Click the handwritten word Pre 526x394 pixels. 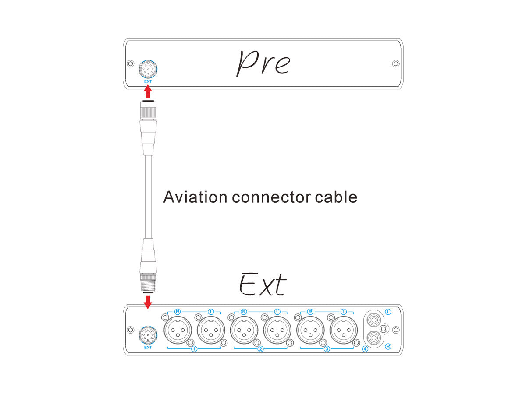tap(263, 63)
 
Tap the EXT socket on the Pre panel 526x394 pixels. tap(148, 69)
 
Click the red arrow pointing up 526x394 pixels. tap(148, 92)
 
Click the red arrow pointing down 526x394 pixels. tap(148, 301)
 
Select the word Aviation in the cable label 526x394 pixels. tap(195, 197)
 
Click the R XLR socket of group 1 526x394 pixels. tap(178, 330)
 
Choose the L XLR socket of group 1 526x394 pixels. tap(211, 330)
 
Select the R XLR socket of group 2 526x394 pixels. tap(244, 330)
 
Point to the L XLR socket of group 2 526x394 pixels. tap(277, 330)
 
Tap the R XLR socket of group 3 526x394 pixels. tap(310, 330)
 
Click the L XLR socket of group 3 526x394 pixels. tap(344, 330)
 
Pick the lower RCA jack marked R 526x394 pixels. tap(373, 338)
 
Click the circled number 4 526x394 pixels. tap(365, 349)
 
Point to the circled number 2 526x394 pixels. tap(261, 349)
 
